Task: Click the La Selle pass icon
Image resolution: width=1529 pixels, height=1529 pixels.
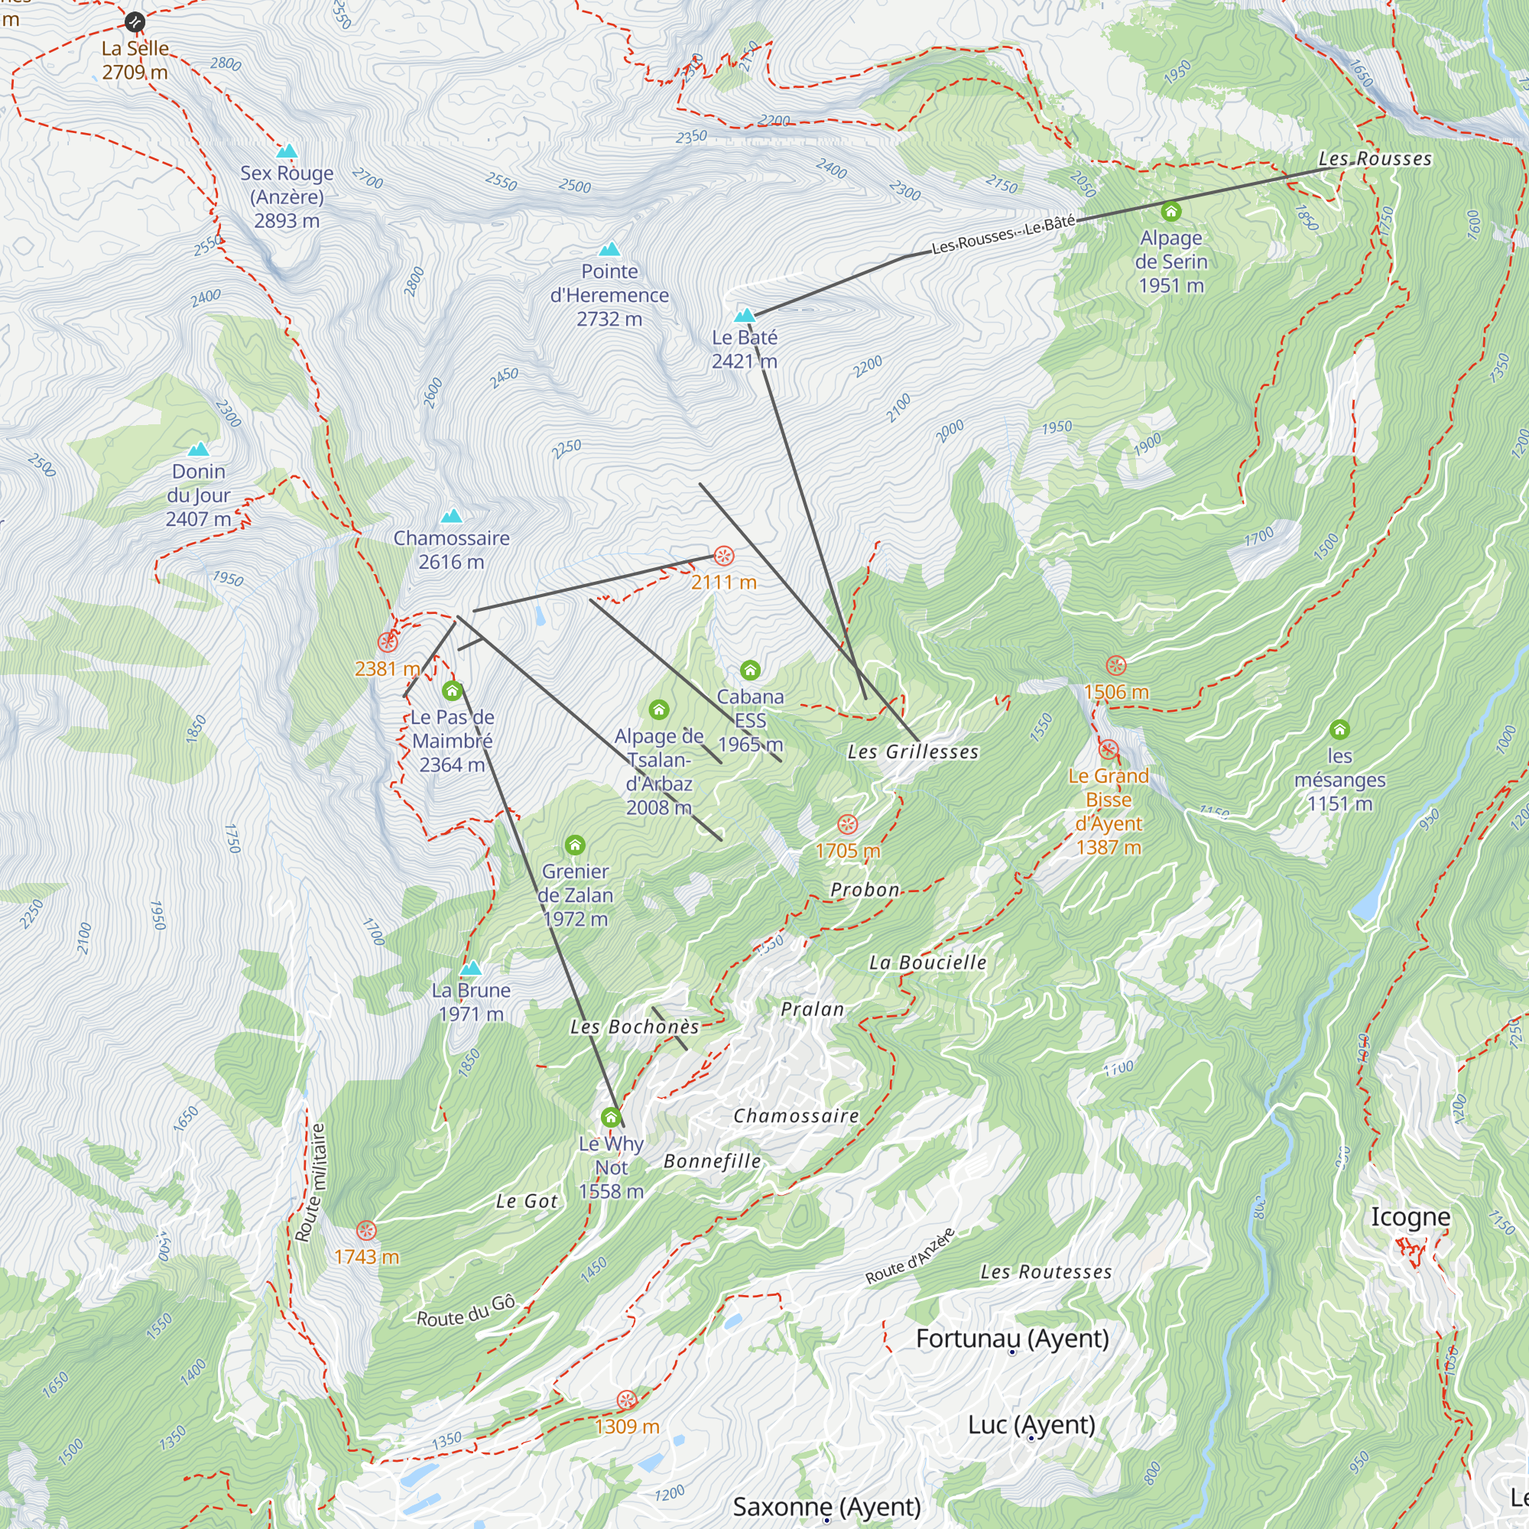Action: tap(135, 22)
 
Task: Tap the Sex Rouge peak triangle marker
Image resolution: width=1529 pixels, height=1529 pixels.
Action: tap(287, 151)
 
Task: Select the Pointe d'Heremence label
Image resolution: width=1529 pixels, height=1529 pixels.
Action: tap(609, 295)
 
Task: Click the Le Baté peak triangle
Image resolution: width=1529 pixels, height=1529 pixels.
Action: tap(744, 316)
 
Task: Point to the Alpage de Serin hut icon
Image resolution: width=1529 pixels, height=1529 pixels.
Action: tap(1170, 211)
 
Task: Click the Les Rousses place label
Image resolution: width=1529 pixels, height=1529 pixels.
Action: tap(1375, 159)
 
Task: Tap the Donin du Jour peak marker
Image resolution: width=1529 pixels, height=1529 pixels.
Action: tap(198, 450)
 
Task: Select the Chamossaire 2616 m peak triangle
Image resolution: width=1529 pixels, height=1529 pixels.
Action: tap(451, 517)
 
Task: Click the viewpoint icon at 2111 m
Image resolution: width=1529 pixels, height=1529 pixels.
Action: tap(723, 556)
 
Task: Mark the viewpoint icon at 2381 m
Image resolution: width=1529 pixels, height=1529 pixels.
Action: tap(387, 642)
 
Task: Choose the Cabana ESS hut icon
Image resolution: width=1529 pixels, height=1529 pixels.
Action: tap(749, 670)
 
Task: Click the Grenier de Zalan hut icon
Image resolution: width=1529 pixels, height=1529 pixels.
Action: tap(576, 846)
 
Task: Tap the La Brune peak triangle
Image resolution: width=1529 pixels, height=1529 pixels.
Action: tap(471, 968)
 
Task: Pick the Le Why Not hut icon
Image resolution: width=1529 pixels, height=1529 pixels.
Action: tap(610, 1118)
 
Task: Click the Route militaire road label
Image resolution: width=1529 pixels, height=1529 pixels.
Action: tap(310, 1183)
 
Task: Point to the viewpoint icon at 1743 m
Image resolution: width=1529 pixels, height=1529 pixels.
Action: tap(365, 1231)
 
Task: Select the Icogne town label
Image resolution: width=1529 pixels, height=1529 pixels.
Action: tap(1411, 1217)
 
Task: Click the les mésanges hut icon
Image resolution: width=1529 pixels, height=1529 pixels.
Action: tap(1339, 729)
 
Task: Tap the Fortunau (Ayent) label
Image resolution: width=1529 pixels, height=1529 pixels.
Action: tap(1011, 1339)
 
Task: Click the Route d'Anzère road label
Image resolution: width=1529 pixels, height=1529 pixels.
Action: tap(909, 1256)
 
